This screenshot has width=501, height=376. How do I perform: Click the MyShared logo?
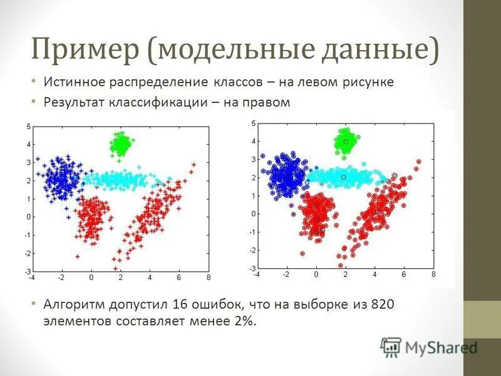tap(429, 346)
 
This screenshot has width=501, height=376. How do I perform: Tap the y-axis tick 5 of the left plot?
tap(28, 127)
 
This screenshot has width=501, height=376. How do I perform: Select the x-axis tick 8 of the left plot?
tap(208, 277)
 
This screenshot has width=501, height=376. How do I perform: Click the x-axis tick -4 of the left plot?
tap(31, 277)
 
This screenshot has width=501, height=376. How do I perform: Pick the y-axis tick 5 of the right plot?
tap(253, 123)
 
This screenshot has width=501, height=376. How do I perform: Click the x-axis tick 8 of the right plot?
tap(433, 274)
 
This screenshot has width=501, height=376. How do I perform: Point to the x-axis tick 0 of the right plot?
tap(316, 274)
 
